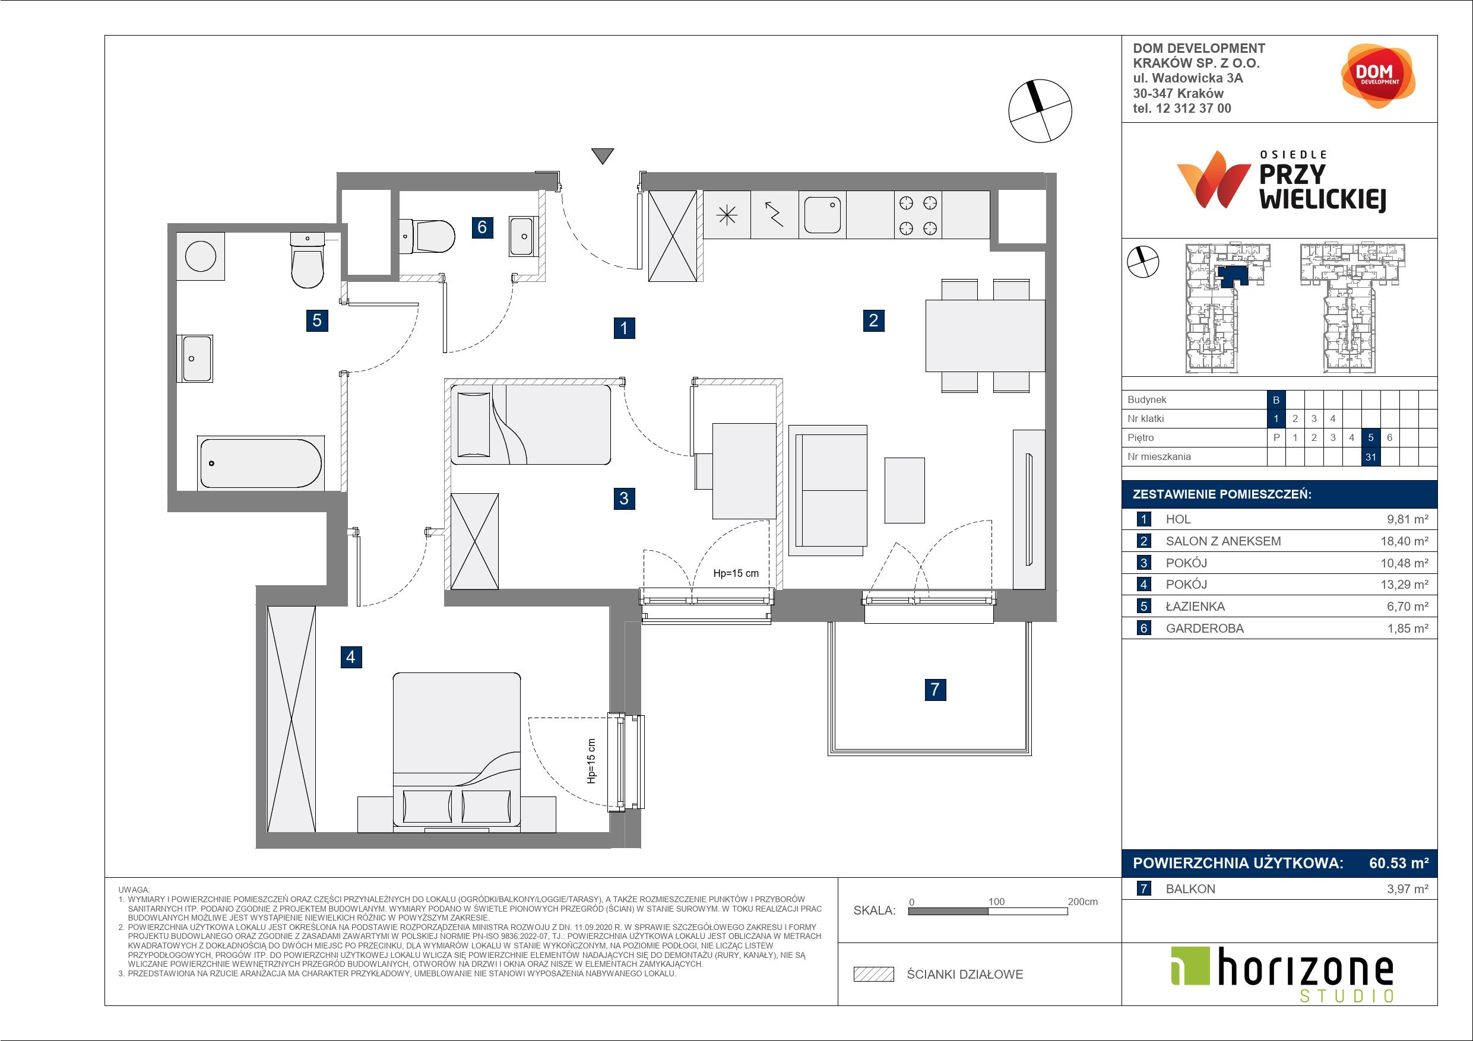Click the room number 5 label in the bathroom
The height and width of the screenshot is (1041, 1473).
[317, 319]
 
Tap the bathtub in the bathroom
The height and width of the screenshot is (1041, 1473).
[261, 462]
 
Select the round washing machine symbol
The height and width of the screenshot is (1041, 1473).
[201, 256]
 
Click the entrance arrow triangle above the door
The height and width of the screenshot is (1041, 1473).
[603, 156]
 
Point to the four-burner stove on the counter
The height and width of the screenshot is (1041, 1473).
[918, 215]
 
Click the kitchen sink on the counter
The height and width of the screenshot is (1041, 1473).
[822, 215]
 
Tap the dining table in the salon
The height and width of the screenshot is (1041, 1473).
[986, 335]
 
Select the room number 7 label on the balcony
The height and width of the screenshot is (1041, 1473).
[935, 690]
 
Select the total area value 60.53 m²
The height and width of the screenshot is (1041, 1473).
[1399, 864]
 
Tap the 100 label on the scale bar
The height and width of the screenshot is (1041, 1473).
[996, 901]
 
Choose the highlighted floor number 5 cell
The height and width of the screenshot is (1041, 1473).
[1371, 438]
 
